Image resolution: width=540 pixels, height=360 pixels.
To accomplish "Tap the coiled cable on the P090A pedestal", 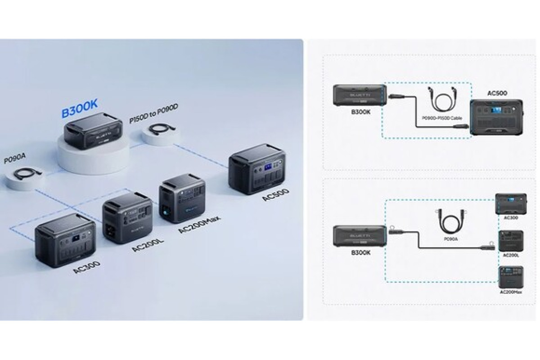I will coord(27,175).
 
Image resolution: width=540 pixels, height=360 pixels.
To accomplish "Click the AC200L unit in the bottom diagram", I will coord(511,242).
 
